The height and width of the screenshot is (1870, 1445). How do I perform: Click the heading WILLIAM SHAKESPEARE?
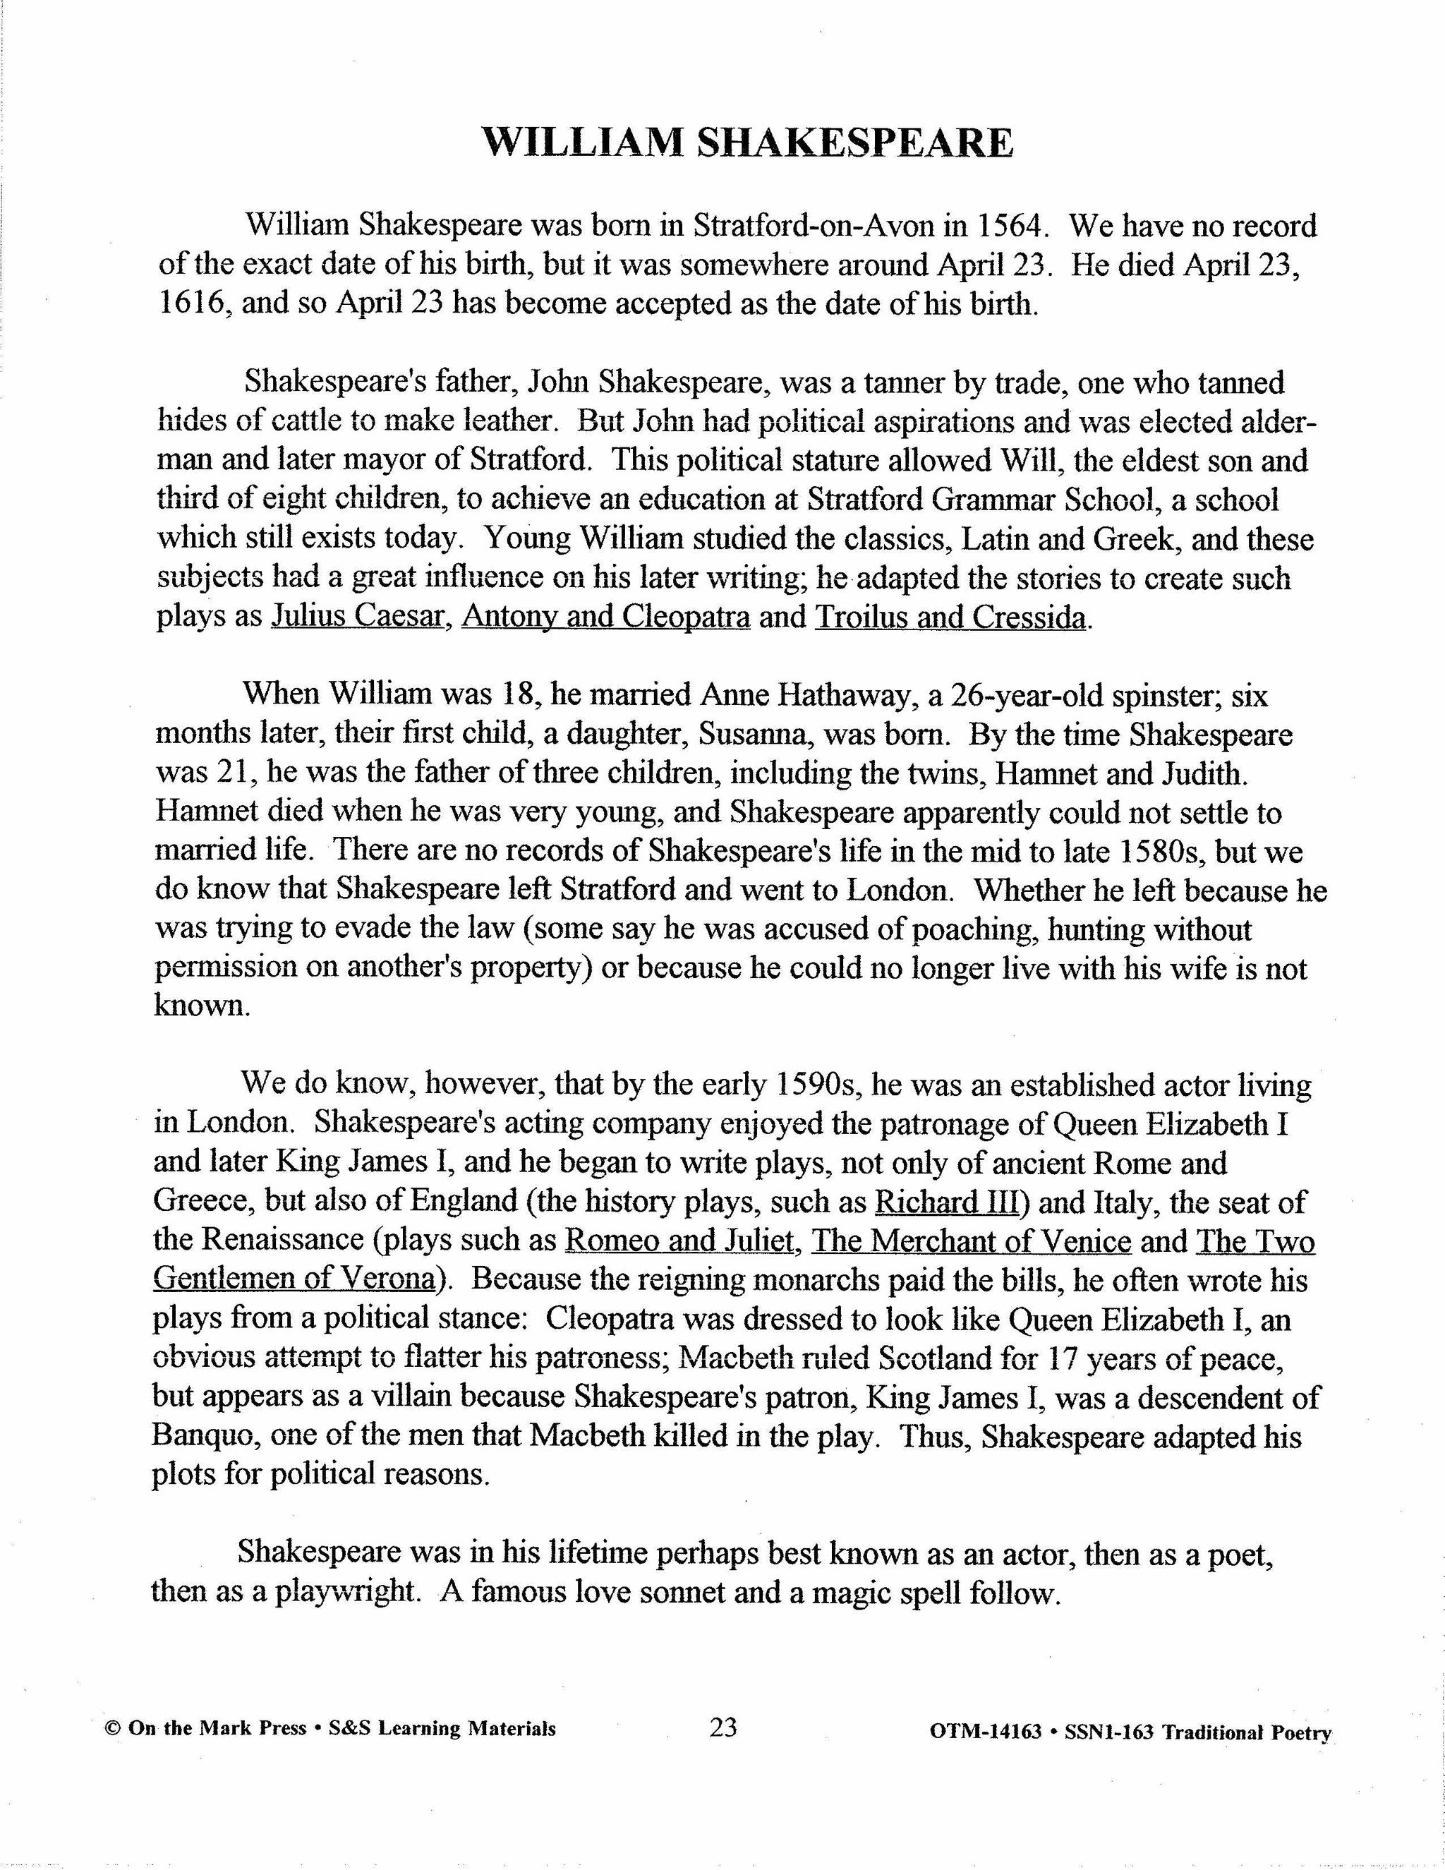click(x=747, y=143)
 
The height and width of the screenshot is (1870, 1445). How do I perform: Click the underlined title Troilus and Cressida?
click(x=951, y=617)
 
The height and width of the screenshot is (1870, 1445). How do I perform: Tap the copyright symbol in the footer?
click(x=111, y=1729)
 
